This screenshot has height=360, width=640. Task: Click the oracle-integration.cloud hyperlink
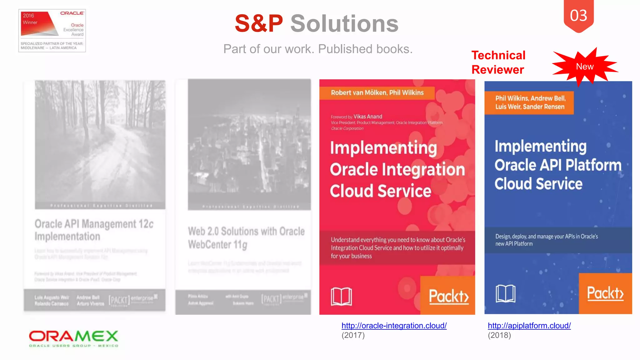tap(394, 326)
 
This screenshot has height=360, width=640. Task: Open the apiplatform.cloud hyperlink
tap(529, 326)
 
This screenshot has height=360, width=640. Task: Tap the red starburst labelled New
tap(585, 67)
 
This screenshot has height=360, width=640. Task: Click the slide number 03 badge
tap(578, 16)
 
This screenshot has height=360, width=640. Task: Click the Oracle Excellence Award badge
tap(52, 31)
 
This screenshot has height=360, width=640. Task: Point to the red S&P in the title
tap(259, 23)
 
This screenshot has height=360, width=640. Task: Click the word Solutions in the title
tap(344, 23)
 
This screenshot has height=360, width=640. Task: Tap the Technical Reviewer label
tap(498, 62)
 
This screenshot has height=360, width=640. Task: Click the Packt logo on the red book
tap(448, 296)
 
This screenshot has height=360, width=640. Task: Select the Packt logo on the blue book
tap(605, 293)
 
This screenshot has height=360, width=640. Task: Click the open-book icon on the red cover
tap(341, 296)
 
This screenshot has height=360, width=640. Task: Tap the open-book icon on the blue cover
tap(505, 293)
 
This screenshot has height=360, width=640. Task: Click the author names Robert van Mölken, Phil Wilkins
tap(377, 93)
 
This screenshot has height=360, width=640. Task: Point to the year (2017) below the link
tap(353, 335)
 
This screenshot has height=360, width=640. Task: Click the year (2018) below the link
tap(499, 335)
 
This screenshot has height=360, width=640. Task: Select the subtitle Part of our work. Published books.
tap(318, 49)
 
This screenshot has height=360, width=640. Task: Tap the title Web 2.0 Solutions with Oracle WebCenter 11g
tap(246, 238)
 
